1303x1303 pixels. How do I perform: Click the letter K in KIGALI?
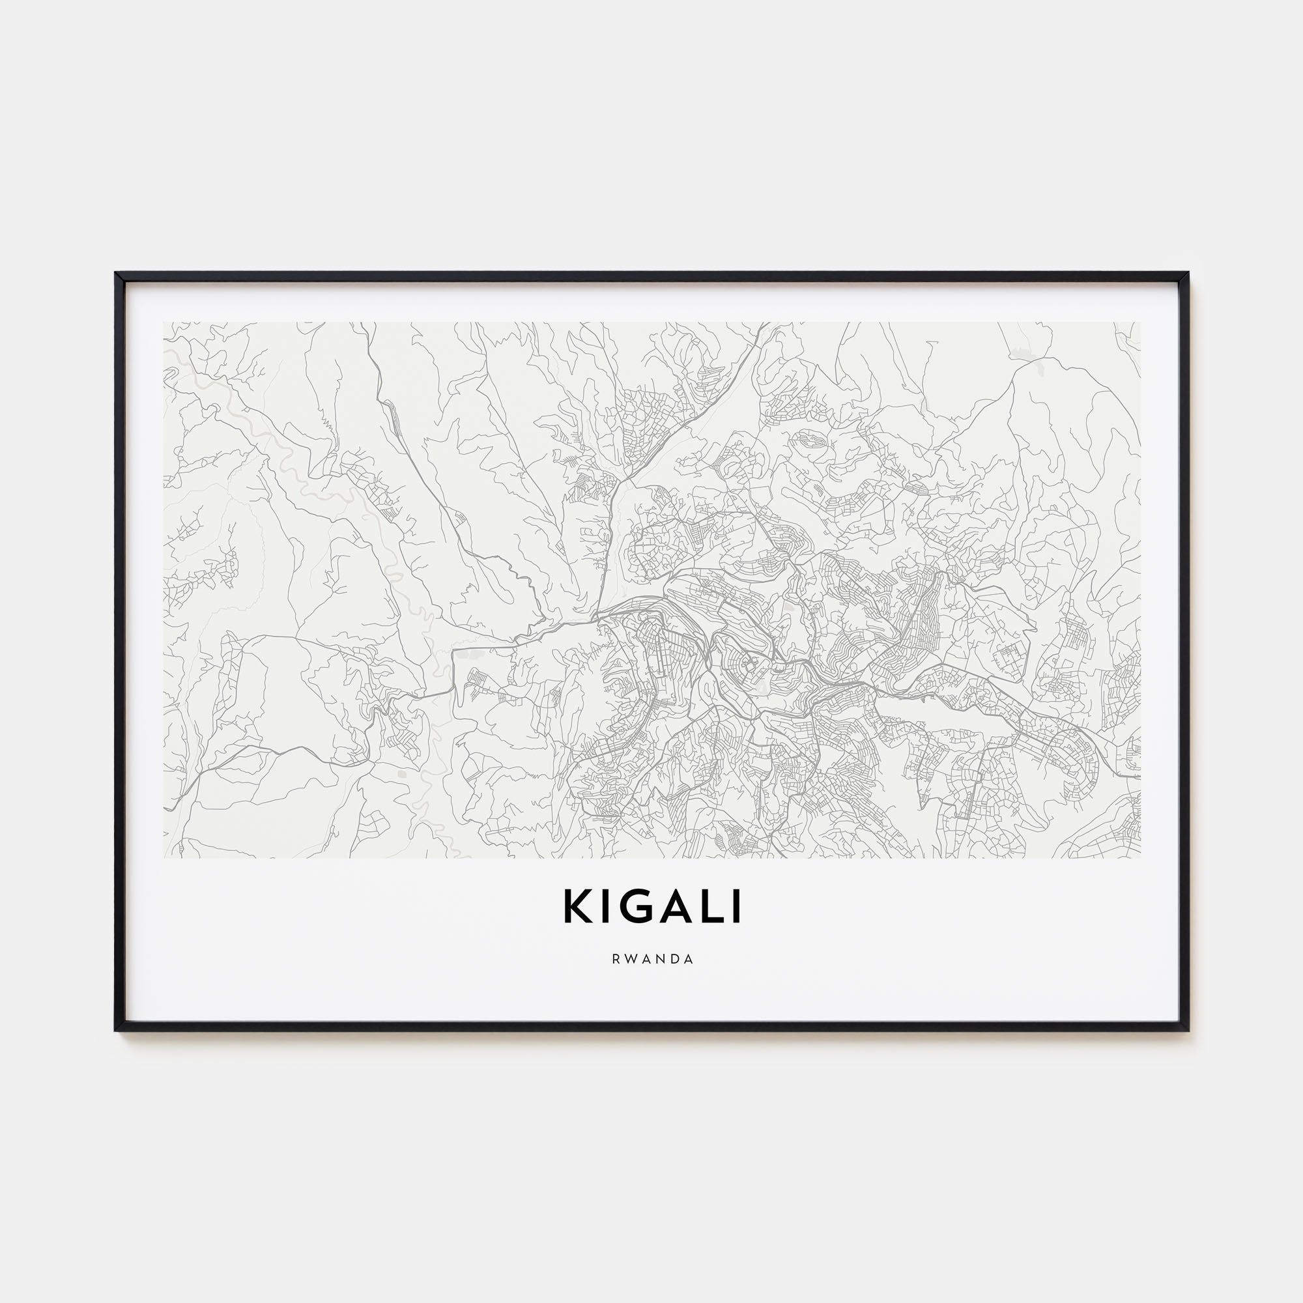pos(579,907)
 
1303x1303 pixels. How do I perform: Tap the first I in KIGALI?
pos(607,907)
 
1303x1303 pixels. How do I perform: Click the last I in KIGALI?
pos(737,907)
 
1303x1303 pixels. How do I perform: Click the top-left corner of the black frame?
pos(116,273)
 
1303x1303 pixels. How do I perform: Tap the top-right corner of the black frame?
pos(1189,273)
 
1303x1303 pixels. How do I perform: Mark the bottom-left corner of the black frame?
pos(116,1031)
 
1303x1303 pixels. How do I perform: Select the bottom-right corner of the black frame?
pos(1189,1031)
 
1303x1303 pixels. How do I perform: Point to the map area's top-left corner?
pos(164,322)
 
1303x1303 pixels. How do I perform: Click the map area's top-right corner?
pos(1141,322)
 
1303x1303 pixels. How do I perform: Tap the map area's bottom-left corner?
pos(164,858)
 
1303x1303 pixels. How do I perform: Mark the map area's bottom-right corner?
pos(1141,858)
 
